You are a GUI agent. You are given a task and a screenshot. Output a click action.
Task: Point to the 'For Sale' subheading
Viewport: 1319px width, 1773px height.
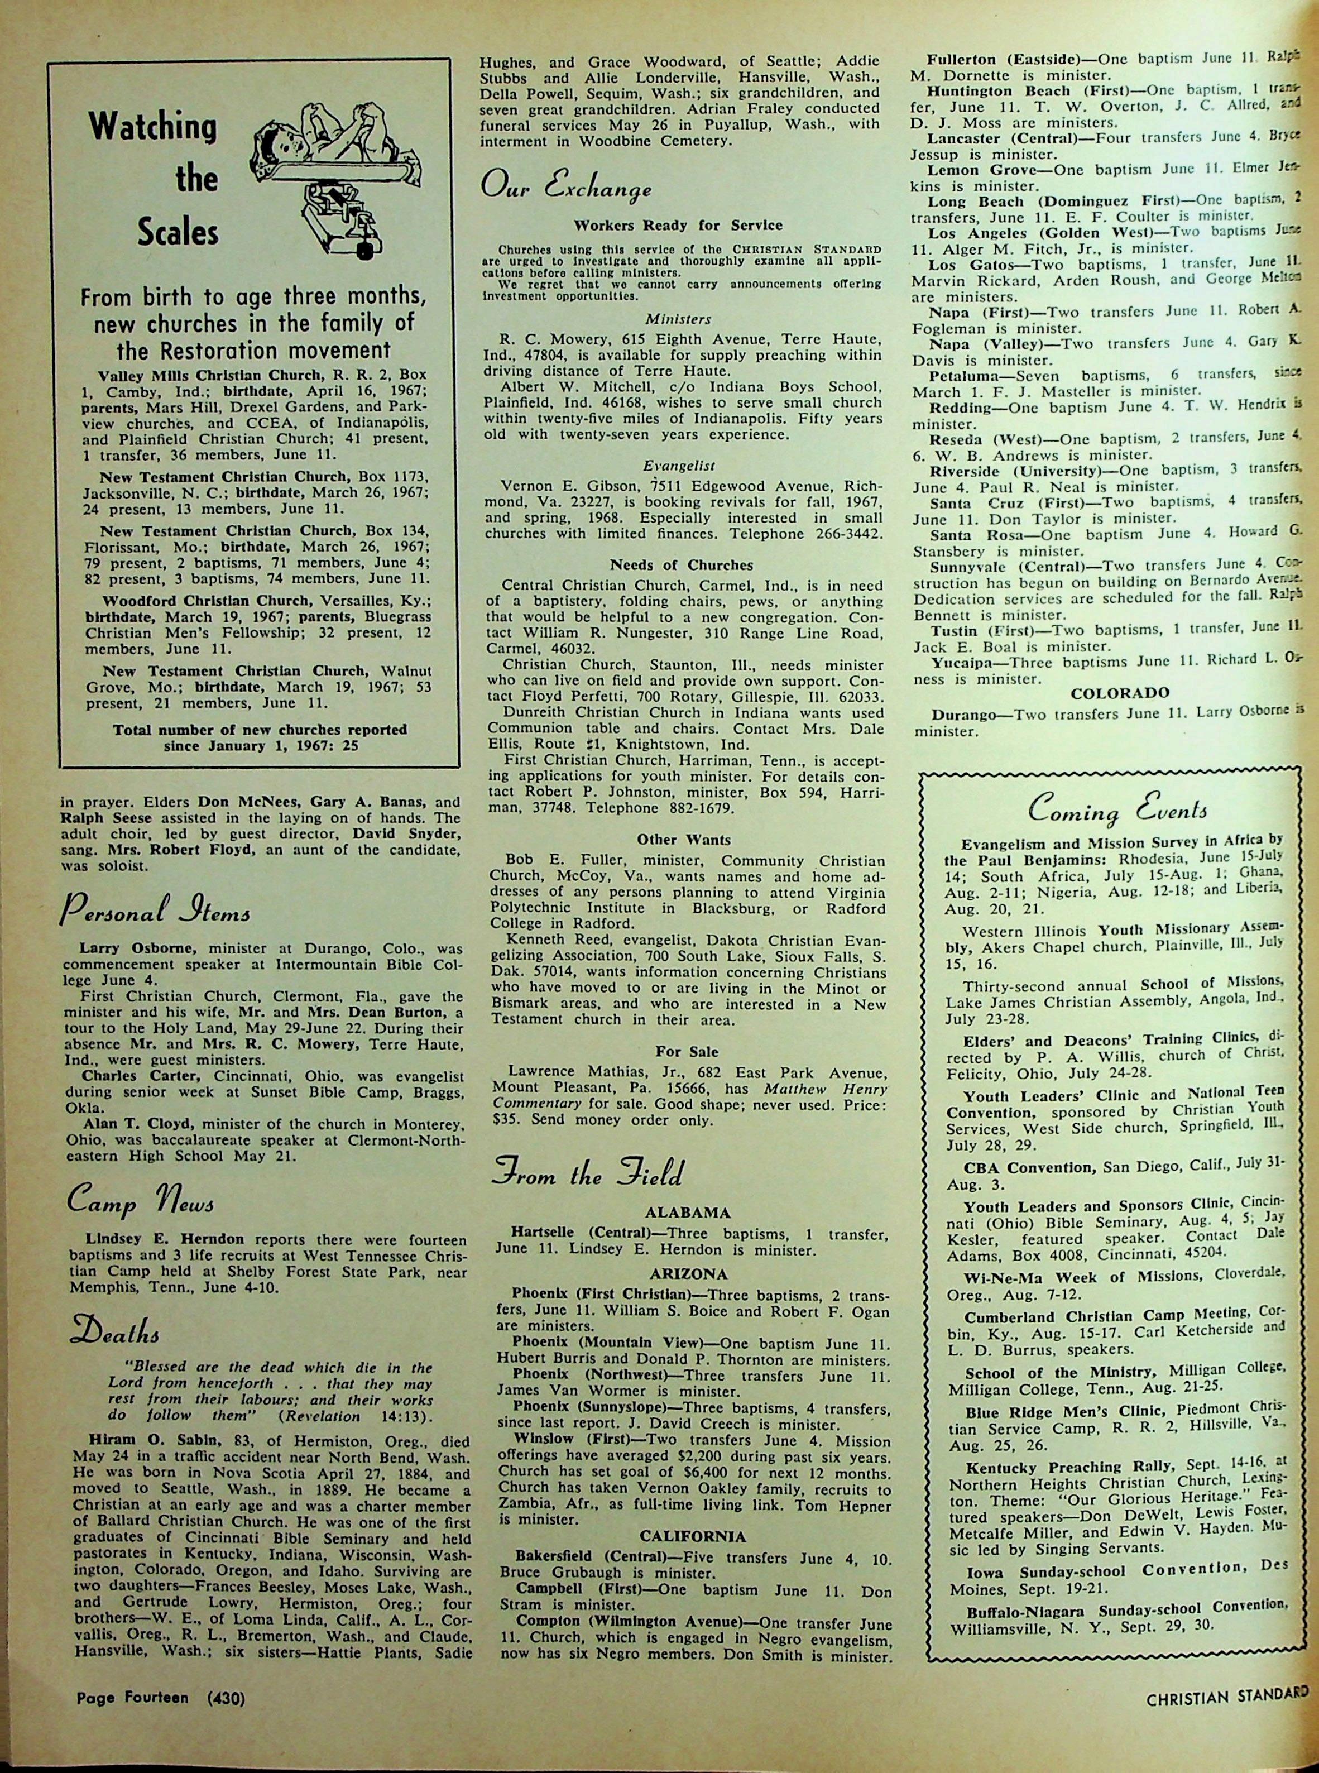(x=686, y=1051)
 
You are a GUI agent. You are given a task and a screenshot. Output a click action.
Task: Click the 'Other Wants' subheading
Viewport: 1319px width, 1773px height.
(x=683, y=840)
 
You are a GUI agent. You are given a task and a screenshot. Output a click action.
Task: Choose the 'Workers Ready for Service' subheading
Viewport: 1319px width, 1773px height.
(x=678, y=225)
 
